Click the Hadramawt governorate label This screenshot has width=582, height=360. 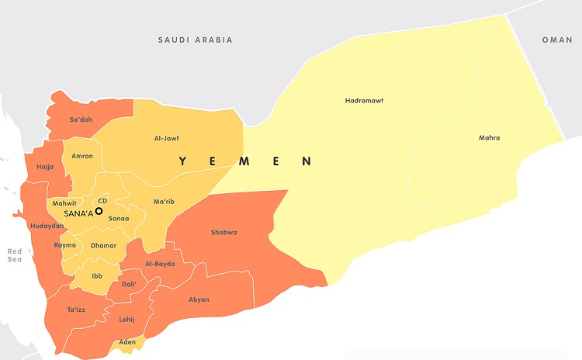pos(364,101)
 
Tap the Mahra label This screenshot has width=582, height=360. pos(489,138)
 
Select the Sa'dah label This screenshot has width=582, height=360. pos(81,119)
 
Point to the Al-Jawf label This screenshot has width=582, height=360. pos(167,138)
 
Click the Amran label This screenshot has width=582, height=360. pos(81,156)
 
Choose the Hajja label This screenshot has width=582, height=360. pos(45,166)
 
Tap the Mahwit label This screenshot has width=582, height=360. pos(64,203)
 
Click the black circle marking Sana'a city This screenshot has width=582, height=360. pos(99,211)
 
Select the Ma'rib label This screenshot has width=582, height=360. pos(164,202)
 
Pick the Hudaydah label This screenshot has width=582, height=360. pos(47,226)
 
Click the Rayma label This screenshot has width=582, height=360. pos(65,245)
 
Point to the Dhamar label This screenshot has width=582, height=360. pos(103,246)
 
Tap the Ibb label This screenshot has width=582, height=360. pos(97,275)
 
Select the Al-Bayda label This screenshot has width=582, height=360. pos(160,264)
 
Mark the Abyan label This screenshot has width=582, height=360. pos(199,299)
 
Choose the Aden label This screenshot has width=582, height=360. pos(127,341)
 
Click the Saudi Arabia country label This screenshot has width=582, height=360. pos(195,40)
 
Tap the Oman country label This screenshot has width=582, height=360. pos(556,40)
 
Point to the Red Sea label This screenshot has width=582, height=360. pos(15,255)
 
